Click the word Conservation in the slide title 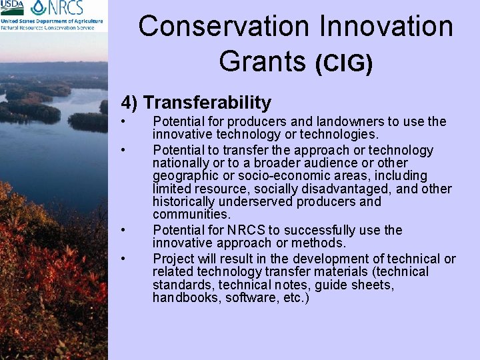(x=224, y=27)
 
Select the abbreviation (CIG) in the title (x=343, y=63)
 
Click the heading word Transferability (x=207, y=103)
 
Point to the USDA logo (x=12, y=7)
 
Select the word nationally (x=181, y=163)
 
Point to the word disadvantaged (x=367, y=189)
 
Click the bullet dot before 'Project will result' (x=123, y=258)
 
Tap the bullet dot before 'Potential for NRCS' (x=123, y=230)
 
